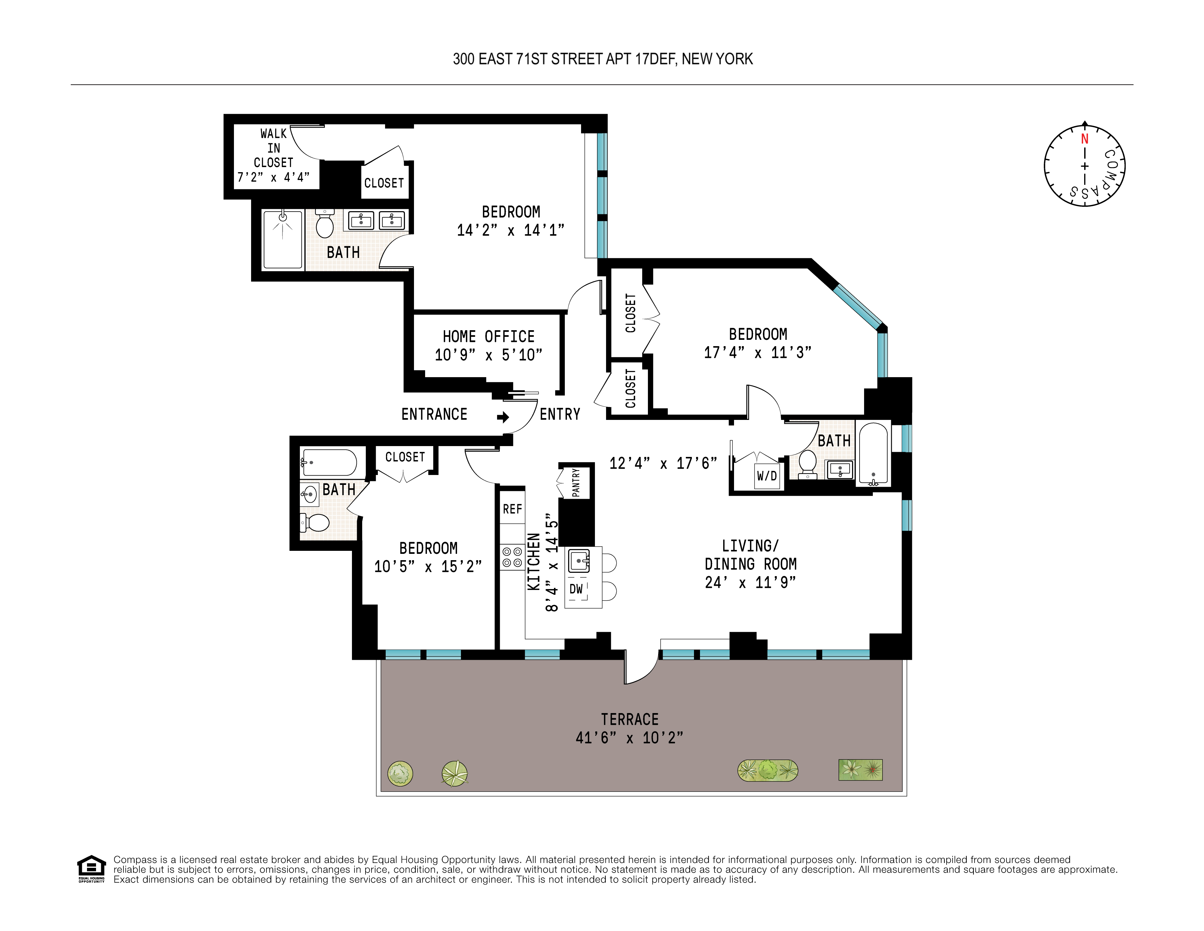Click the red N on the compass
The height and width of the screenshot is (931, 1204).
[1084, 139]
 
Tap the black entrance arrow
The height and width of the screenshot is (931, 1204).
[503, 417]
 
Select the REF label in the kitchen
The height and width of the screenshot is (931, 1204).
[512, 509]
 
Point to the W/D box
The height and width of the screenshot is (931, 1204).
[767, 476]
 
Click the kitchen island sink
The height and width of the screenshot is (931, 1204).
[578, 561]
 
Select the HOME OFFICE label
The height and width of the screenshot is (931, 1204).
[488, 336]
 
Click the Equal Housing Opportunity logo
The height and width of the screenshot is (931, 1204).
[91, 869]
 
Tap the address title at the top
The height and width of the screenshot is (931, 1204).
[602, 59]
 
